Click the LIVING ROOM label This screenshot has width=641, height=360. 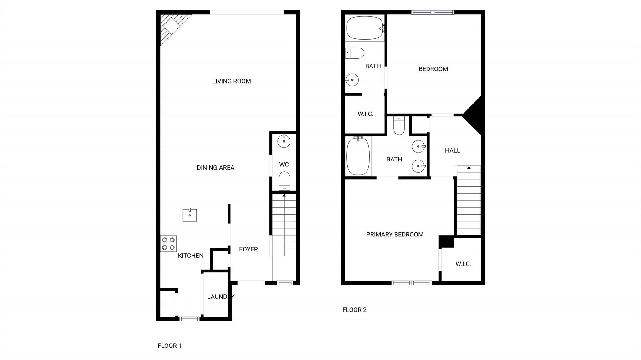[x=231, y=81]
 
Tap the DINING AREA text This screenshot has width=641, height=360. [x=215, y=168]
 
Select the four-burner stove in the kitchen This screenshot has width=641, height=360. [x=168, y=244]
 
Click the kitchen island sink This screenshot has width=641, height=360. [x=190, y=215]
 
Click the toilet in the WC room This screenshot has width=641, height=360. [x=285, y=181]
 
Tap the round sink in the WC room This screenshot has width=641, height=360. [x=284, y=141]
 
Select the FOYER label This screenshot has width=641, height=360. [x=248, y=249]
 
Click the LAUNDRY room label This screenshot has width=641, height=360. [x=221, y=297]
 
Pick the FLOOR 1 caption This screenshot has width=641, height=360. [x=169, y=346]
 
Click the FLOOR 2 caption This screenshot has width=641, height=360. [x=354, y=310]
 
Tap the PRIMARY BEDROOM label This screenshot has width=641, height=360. [x=395, y=235]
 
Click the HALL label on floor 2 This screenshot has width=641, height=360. [x=452, y=150]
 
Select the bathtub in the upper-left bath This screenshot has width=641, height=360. [x=365, y=28]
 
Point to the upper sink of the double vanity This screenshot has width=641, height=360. [x=418, y=146]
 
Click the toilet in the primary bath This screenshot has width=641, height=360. [x=399, y=126]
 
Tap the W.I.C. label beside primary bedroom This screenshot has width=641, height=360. [x=463, y=264]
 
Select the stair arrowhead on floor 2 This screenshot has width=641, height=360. [x=469, y=168]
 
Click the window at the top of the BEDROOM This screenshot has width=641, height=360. [x=433, y=12]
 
